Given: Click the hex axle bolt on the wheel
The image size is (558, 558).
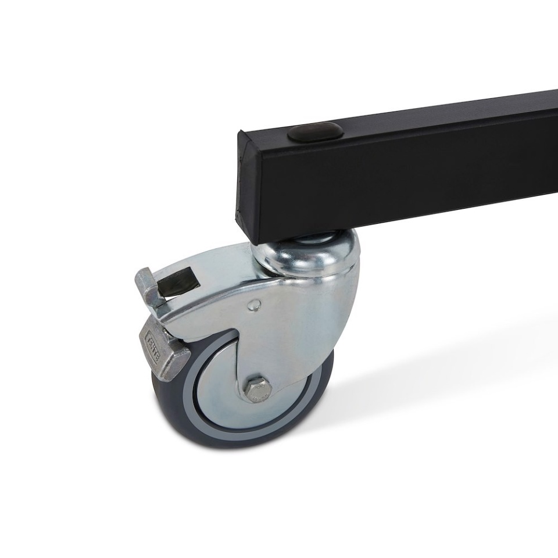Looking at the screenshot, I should pyautogui.click(x=257, y=388).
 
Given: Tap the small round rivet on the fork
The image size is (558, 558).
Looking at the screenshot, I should pyautogui.click(x=254, y=304).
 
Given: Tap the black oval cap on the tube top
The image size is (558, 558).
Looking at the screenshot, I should pyautogui.click(x=315, y=132).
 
